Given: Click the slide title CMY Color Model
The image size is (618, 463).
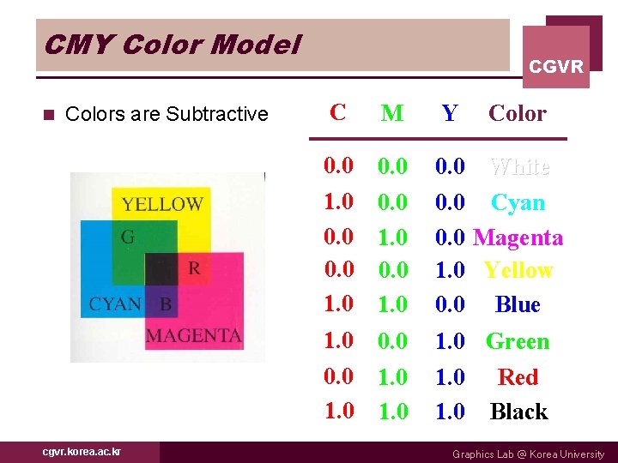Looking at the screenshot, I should coord(172,44).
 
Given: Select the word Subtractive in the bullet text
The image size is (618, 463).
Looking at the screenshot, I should coord(221,114).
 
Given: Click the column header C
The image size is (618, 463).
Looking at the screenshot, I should coord(338,112).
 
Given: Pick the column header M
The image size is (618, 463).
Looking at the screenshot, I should coord(392,113).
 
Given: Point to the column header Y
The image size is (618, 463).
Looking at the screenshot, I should coord(449,113).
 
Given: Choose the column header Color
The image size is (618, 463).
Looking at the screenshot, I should coord(517,113).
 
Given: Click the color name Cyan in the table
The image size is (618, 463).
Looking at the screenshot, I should coord(518,203).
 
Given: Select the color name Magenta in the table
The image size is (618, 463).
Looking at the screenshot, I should coord(518,238).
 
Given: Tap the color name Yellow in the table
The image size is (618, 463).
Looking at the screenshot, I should coord(518,271).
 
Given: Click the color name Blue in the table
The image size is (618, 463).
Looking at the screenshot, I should coord(518,305).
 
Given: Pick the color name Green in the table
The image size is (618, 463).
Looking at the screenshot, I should coord(518,342).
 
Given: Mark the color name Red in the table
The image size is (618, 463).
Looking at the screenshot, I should coord(518,377).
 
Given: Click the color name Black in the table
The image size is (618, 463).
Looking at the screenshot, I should coord(518,412).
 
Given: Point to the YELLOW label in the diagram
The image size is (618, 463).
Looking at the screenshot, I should coord(162,204).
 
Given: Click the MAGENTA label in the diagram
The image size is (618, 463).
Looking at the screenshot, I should coord(193,334).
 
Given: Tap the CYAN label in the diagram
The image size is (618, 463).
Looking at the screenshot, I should coord(115,304).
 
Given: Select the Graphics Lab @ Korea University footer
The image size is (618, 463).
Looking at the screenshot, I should coord(528,454).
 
